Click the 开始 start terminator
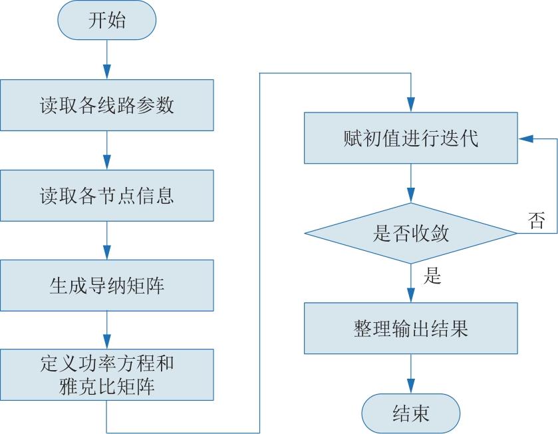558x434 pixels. coord(107,20)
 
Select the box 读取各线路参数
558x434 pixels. coord(107,105)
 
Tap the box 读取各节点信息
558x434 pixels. coord(107,196)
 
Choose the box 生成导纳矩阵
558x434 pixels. coord(107,285)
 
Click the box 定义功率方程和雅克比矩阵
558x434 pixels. coord(107,375)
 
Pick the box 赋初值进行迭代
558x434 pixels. coord(410,138)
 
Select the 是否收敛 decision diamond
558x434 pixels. coord(410,233)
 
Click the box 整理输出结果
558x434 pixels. coord(410,328)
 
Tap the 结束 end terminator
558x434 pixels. coord(410,413)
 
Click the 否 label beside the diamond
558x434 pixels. coord(536,220)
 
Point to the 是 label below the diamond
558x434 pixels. coord(432,276)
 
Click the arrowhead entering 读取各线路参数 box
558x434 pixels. coord(107,72)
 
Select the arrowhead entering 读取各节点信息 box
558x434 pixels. coord(107,162)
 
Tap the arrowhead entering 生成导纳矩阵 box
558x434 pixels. coord(107,252)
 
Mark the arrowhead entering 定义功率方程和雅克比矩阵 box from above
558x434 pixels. coord(107,341)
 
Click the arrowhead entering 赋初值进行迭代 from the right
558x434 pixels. coord(525,138)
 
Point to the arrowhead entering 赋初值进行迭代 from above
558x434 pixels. coord(410,105)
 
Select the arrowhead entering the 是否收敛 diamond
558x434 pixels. coord(410,196)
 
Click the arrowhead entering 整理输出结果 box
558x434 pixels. coord(410,295)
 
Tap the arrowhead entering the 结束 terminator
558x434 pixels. coord(410,386)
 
